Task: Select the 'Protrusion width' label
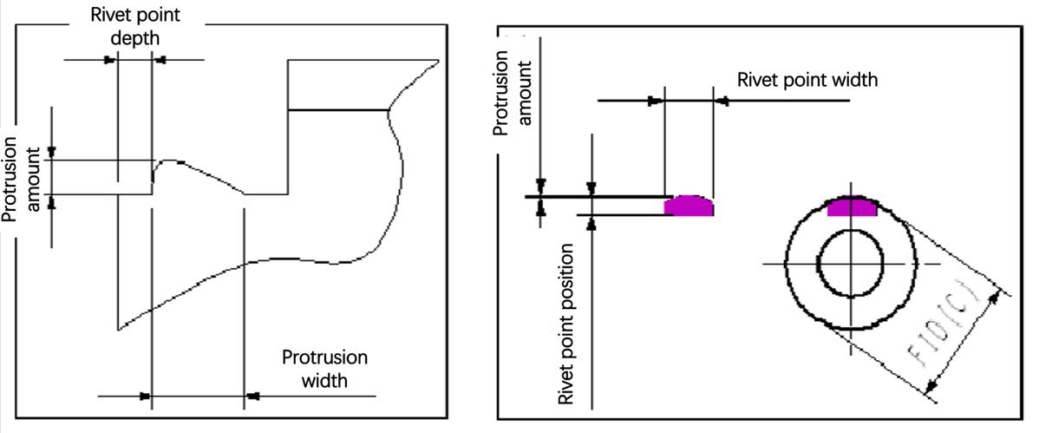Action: [323, 369]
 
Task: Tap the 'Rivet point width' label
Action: [807, 80]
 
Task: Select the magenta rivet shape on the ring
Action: [853, 207]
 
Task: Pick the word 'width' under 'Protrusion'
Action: [323, 380]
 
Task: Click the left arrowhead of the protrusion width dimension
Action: [146, 396]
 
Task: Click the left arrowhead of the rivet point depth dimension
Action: [111, 60]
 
